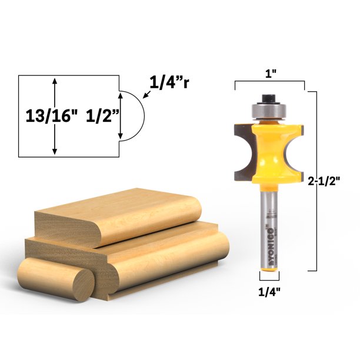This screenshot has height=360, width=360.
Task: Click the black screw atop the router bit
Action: pyautogui.click(x=269, y=96)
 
